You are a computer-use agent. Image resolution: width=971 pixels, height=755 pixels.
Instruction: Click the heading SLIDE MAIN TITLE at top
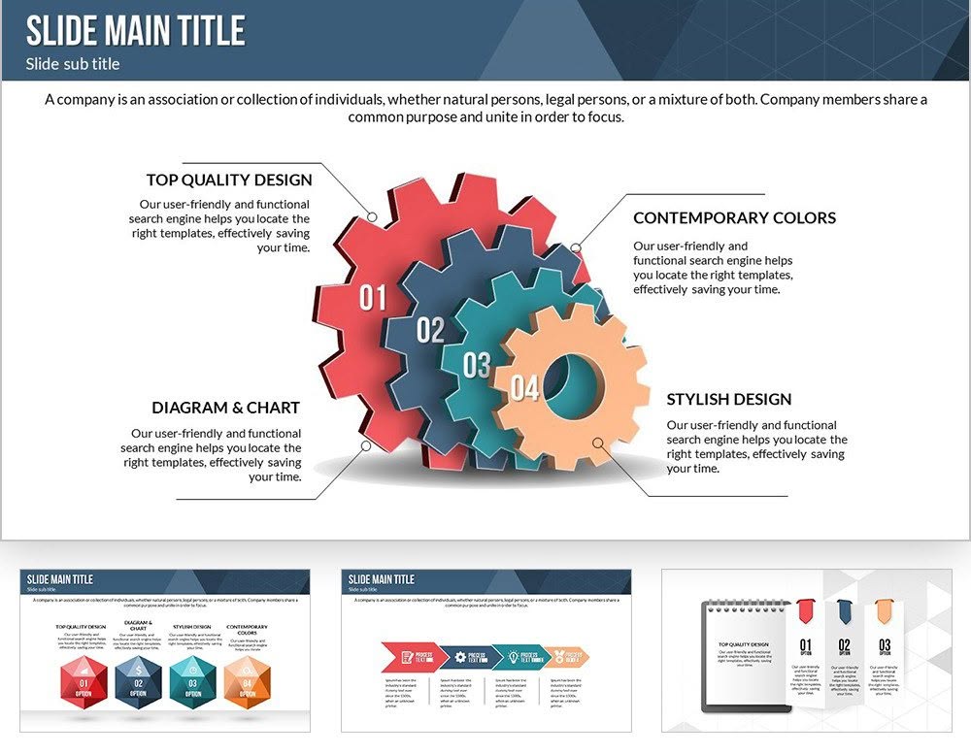coord(135,30)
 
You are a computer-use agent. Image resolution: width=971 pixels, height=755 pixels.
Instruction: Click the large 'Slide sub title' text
coord(73,64)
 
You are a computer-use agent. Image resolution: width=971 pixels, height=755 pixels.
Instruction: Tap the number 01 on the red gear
coord(373,298)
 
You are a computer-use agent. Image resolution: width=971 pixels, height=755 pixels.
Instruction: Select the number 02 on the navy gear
coord(430,331)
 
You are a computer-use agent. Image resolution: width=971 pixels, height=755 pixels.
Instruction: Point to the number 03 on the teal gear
coord(477,366)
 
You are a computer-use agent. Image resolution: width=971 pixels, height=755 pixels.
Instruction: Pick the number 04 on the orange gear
coord(524,388)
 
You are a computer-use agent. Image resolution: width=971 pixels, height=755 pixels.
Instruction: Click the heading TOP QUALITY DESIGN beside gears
coord(229,180)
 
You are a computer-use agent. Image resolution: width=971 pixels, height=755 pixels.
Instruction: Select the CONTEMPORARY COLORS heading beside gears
coord(734,217)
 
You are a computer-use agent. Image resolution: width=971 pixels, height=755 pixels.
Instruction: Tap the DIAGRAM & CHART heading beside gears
coord(225,408)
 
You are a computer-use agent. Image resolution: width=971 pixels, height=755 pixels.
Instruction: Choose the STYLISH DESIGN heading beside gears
coord(728,399)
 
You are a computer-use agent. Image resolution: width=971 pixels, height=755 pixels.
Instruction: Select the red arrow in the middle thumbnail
coord(406,657)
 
